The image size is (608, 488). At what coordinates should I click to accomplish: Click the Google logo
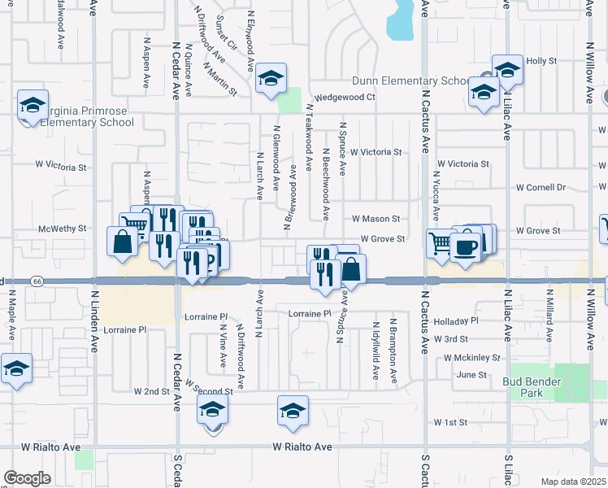pyautogui.click(x=27, y=478)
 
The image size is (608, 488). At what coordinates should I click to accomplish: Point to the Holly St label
pyautogui.click(x=541, y=61)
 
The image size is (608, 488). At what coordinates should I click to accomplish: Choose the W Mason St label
pyautogui.click(x=376, y=219)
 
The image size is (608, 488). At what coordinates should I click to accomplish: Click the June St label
pyautogui.click(x=471, y=375)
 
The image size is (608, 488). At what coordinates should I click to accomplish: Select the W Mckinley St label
pyautogui.click(x=471, y=357)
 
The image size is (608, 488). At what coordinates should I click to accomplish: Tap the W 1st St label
pyautogui.click(x=450, y=422)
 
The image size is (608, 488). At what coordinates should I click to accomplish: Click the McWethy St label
pyautogui.click(x=62, y=229)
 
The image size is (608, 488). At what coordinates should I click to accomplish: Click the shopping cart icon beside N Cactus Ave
pyautogui.click(x=440, y=242)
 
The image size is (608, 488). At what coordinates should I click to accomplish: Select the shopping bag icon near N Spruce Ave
pyautogui.click(x=351, y=268)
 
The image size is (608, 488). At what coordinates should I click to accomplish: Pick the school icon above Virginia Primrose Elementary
pyautogui.click(x=33, y=105)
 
